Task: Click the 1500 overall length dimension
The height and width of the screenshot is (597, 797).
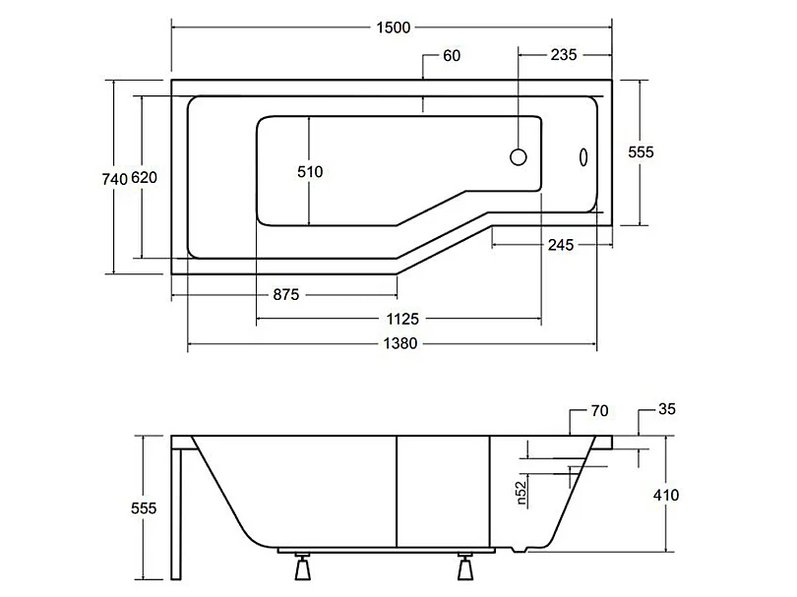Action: point(393,28)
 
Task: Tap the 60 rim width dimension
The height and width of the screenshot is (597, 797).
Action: point(452,55)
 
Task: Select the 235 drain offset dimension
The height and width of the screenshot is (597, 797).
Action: point(564,54)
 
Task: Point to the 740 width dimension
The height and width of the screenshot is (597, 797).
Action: point(114,179)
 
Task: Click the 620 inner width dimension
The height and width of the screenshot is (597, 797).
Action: point(144,178)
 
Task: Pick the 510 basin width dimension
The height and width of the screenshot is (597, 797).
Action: point(310,172)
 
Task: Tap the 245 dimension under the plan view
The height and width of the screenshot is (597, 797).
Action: point(561,245)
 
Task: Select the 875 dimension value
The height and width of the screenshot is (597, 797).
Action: point(286,295)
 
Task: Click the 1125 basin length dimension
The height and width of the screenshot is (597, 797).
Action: point(402,319)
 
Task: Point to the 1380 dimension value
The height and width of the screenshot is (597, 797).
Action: point(400,343)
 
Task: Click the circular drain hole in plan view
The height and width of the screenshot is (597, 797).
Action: point(518,157)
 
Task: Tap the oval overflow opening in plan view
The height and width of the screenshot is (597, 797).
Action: point(583,157)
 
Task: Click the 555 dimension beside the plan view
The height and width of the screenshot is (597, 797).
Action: point(641,151)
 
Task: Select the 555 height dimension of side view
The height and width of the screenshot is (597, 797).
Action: point(144,508)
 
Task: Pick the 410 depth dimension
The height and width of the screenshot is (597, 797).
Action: point(666,495)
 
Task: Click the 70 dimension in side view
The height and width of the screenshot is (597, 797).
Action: point(600,410)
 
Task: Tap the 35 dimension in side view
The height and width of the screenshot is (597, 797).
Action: point(667,409)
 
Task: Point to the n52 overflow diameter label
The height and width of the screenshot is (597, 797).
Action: point(521,494)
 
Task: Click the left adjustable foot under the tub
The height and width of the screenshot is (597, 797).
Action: point(303,566)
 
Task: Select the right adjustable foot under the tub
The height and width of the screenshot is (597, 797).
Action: point(465,566)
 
